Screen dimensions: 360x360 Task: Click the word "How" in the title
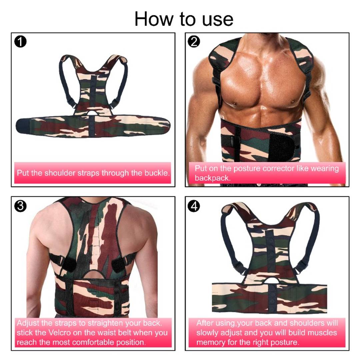[x=154, y=19]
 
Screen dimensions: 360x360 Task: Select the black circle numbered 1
[x=20, y=42]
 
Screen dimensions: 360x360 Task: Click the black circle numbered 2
[x=194, y=42]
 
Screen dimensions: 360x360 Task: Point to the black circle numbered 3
[x=20, y=206]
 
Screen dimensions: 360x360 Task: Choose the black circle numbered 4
[x=194, y=206]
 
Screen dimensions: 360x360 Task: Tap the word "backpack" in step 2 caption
[x=212, y=178]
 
